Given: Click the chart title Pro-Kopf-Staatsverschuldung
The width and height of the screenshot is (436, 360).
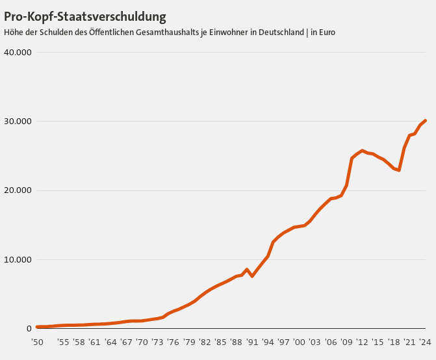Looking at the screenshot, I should (84, 16).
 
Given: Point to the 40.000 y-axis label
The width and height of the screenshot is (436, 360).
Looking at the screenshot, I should (18, 52).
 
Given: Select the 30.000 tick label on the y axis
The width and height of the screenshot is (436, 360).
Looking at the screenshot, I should (18, 122).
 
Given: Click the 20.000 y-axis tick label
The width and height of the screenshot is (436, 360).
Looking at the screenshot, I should (18, 190).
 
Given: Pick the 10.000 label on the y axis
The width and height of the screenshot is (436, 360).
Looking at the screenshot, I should (18, 260).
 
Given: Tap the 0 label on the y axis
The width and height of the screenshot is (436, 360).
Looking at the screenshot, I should (29, 329).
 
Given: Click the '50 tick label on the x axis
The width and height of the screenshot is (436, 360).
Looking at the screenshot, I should (37, 342).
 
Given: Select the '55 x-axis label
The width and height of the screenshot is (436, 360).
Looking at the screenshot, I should (63, 342).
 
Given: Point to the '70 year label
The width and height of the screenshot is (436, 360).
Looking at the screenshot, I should (142, 342).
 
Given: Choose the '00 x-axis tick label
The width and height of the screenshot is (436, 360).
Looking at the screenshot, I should (299, 342).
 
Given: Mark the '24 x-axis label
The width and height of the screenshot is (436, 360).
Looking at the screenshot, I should (425, 342).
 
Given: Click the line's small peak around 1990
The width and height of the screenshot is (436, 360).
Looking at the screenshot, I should (247, 269).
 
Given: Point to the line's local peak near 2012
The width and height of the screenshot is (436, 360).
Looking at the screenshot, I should (363, 151).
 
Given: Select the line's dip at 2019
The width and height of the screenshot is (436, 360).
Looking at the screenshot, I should (399, 170).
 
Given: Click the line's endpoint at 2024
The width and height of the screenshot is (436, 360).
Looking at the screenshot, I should (425, 120).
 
